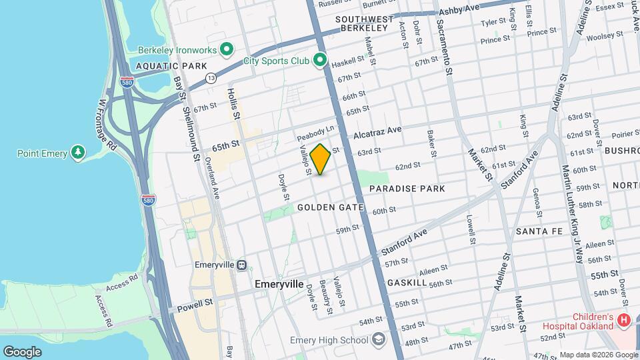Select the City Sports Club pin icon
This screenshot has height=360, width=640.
(x=320, y=61)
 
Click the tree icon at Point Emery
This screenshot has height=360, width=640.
(x=79, y=153)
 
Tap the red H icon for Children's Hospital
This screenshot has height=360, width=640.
(x=624, y=321)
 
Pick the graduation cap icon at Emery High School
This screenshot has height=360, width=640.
(x=379, y=340)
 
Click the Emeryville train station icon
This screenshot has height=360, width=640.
(x=241, y=265)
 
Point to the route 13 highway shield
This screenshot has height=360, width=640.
(x=211, y=78)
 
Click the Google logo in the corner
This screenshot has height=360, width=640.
(x=22, y=351)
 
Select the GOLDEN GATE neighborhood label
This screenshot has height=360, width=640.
(x=331, y=207)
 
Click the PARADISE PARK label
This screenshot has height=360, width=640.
(x=407, y=189)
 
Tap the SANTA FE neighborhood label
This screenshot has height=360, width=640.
(x=539, y=231)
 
